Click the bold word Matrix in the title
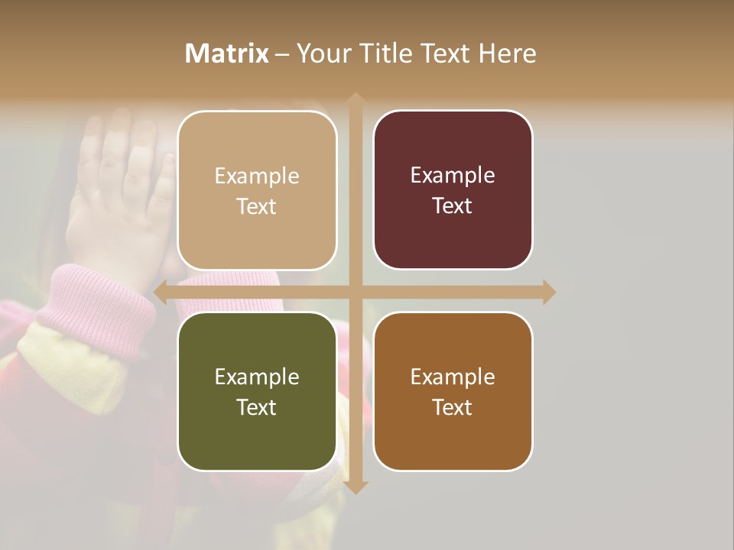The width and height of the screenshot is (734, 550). pyautogui.click(x=227, y=53)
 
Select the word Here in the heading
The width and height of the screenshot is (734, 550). pyautogui.click(x=507, y=53)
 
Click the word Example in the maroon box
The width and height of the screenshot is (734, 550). pyautogui.click(x=453, y=175)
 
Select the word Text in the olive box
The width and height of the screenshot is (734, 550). pyautogui.click(x=257, y=407)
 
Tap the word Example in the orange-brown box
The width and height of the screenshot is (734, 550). pyautogui.click(x=453, y=377)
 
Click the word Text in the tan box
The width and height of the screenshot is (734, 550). pyautogui.click(x=257, y=206)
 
